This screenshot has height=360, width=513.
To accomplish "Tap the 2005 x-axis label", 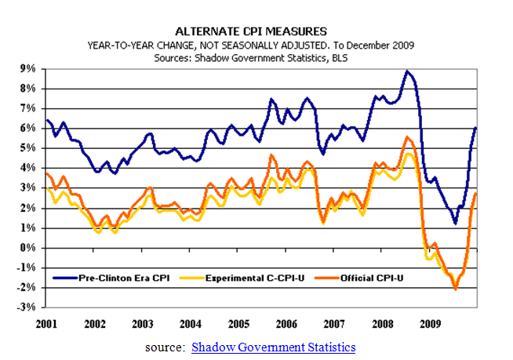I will [x=239, y=322].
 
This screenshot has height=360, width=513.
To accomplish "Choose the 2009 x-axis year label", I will [x=430, y=322].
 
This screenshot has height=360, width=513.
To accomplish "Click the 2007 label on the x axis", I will [x=334, y=322].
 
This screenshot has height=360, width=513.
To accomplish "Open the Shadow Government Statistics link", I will [x=274, y=347].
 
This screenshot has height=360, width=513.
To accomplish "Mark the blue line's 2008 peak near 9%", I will [x=406, y=71].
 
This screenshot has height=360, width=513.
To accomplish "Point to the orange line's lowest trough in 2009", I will [x=455, y=289].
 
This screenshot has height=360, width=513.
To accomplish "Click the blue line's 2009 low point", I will [x=455, y=224].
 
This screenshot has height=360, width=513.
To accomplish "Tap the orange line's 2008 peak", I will [x=407, y=137].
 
